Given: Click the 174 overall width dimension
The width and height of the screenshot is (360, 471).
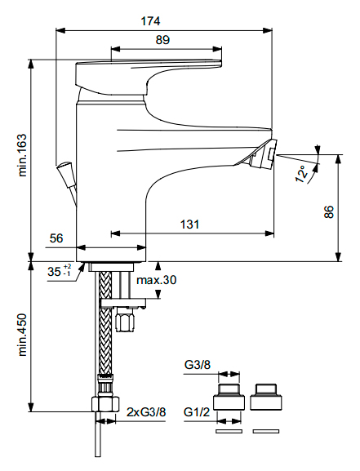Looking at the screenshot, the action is pos(150,21).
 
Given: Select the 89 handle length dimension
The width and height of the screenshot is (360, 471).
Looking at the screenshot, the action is pos(162,40).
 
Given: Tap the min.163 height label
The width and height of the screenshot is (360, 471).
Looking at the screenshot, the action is pos(23,155).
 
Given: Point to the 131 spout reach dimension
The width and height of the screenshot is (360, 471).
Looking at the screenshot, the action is pos(189,224).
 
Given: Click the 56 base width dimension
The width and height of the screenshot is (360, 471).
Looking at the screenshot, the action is pos(56,238).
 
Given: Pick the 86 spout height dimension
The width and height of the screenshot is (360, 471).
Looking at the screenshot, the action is pos(329,212).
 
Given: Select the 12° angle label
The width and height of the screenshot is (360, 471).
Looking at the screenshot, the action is pos(302,174).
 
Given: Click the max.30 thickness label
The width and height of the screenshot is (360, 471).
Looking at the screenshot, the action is pos(156,280).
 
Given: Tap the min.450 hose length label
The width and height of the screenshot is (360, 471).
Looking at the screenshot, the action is pos(23,335).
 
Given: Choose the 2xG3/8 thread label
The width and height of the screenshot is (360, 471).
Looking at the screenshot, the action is pos(146,412).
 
